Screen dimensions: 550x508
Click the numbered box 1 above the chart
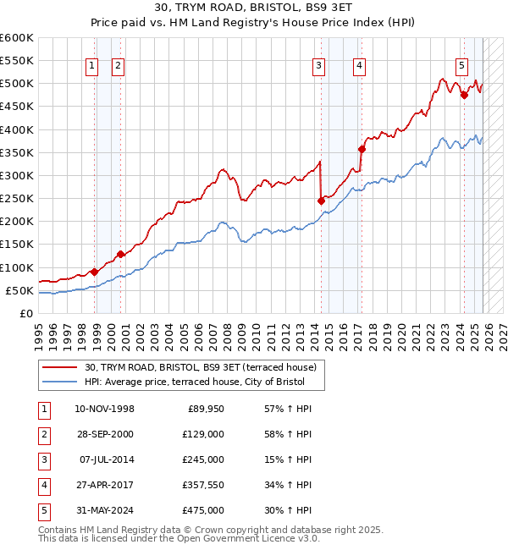(91, 67)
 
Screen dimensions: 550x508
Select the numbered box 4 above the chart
(360, 67)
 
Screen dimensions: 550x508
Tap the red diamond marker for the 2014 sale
(321, 201)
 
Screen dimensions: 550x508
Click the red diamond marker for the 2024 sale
(464, 96)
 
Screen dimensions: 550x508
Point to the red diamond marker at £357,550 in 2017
(362, 149)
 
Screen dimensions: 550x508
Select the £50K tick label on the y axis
(19, 291)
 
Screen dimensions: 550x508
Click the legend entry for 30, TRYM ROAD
(200, 367)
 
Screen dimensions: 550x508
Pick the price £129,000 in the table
(204, 434)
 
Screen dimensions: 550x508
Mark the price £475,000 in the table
(204, 510)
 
